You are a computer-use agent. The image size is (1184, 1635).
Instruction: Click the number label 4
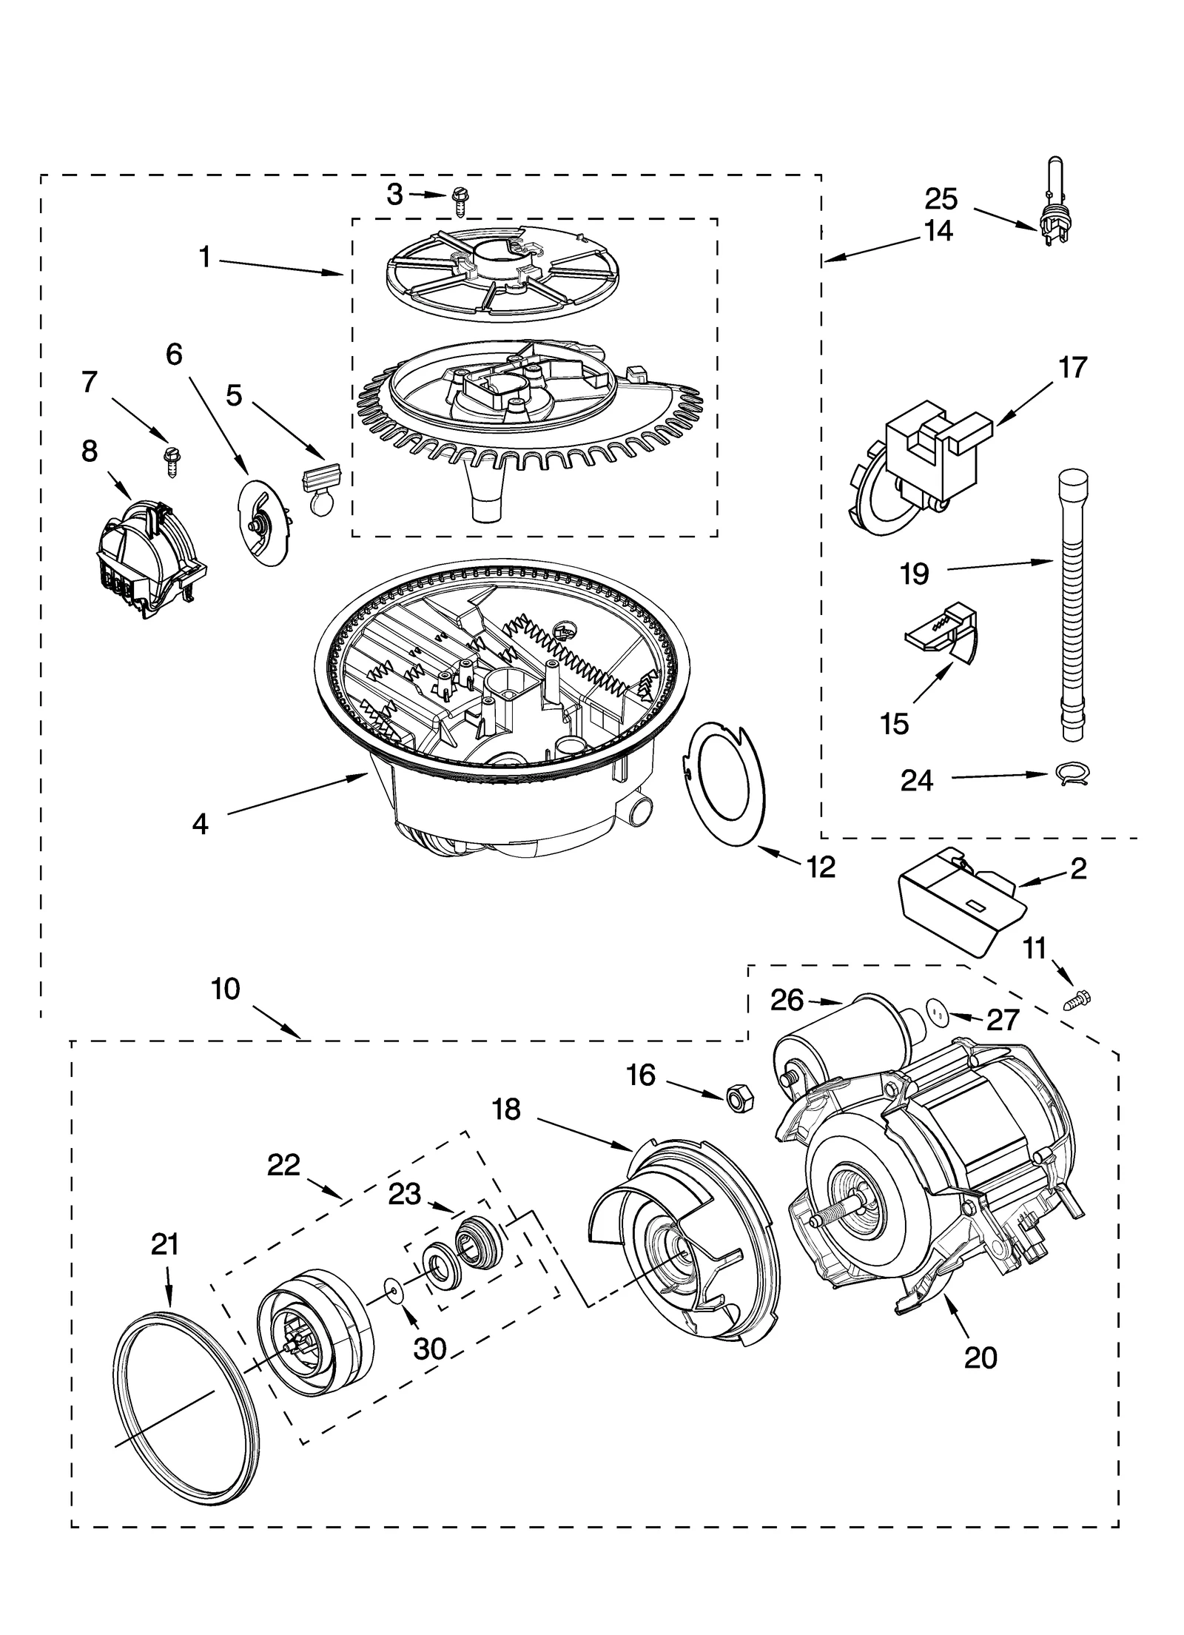coord(200,824)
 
